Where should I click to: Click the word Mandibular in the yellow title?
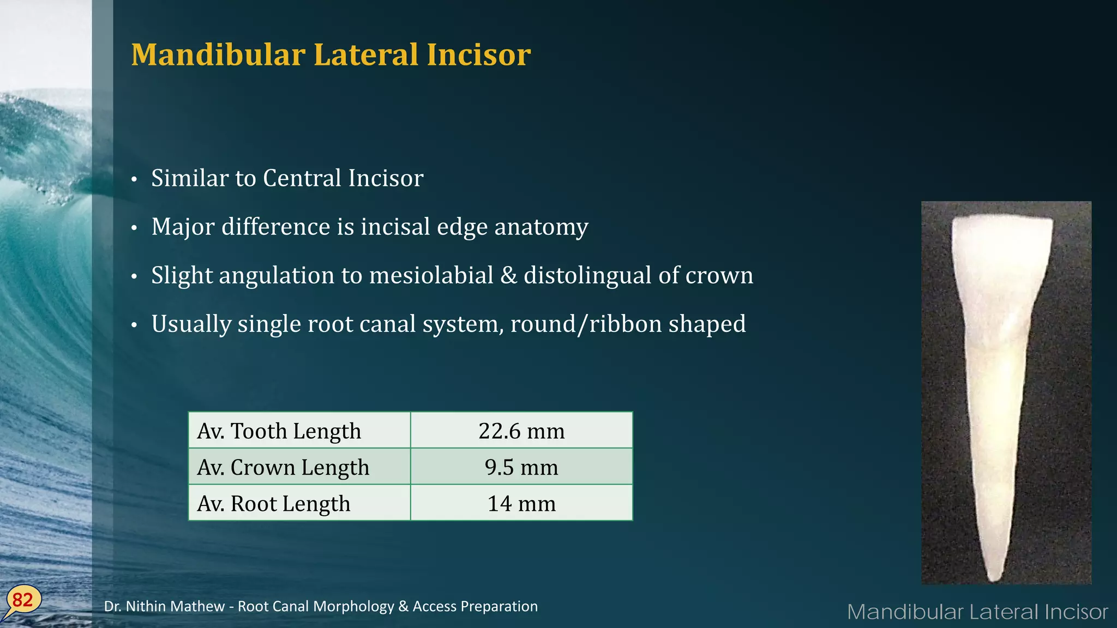coord(218,55)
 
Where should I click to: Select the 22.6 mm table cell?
coord(521,431)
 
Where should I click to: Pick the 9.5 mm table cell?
coord(521,467)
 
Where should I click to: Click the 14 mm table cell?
coord(521,503)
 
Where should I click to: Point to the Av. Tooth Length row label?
coord(279,431)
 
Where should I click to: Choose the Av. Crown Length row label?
coord(283,467)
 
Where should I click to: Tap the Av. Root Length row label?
coord(274,503)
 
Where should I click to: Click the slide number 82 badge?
coord(22,600)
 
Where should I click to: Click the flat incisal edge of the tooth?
coord(1002,219)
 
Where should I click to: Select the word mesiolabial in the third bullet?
coord(431,275)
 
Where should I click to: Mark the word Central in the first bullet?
coord(302,178)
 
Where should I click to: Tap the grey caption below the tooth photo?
coord(977,612)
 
